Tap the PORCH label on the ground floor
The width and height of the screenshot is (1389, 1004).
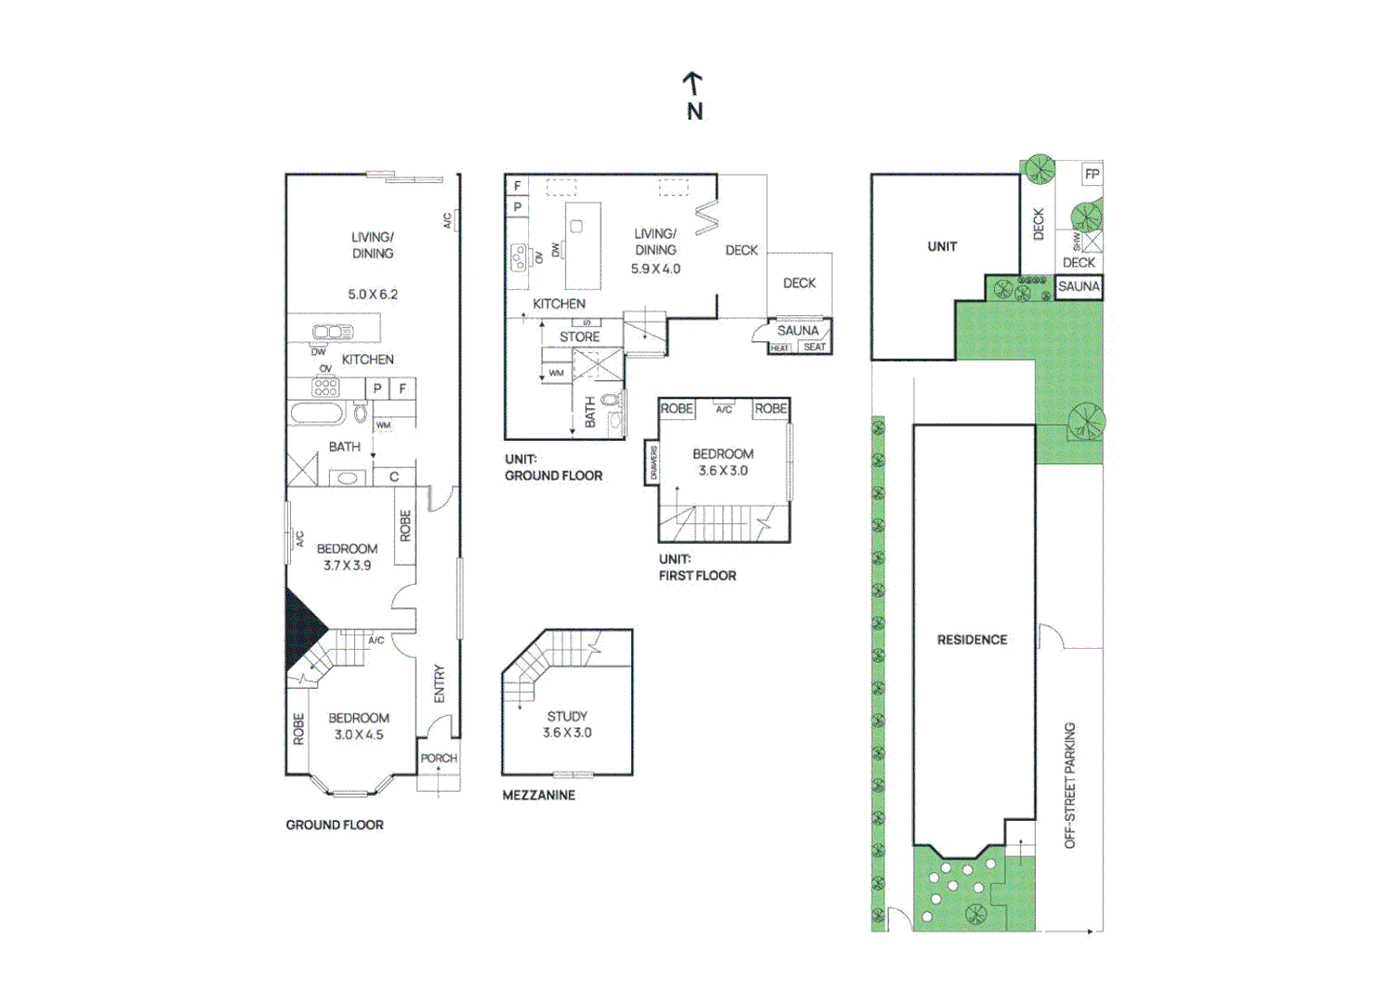coord(439,759)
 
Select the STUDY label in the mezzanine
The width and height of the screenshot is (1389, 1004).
coord(567,716)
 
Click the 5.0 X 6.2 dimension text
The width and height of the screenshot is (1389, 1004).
coord(373,295)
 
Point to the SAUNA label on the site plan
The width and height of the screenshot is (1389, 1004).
coord(1078,286)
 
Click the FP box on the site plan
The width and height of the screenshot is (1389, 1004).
coord(1092,174)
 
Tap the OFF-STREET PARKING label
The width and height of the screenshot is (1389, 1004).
coord(1070,785)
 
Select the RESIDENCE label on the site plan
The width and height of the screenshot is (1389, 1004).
coord(972,640)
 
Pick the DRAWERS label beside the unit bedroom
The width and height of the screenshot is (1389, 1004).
coord(654,463)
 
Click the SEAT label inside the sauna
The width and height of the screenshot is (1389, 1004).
coord(814,347)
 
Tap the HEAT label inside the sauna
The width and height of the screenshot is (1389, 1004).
coord(779,349)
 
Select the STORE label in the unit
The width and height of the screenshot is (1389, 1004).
coord(579,337)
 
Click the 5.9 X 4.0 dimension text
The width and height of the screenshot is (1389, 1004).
coord(655,269)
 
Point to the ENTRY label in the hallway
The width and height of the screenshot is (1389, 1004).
coord(440,683)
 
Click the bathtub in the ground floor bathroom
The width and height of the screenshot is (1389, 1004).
coord(317,413)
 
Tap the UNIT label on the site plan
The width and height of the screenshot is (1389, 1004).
coord(942,246)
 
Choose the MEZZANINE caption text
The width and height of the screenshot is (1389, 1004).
coord(538,795)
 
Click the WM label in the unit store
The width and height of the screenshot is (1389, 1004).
coord(556,373)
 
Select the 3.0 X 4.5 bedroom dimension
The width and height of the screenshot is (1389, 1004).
coord(359,734)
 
